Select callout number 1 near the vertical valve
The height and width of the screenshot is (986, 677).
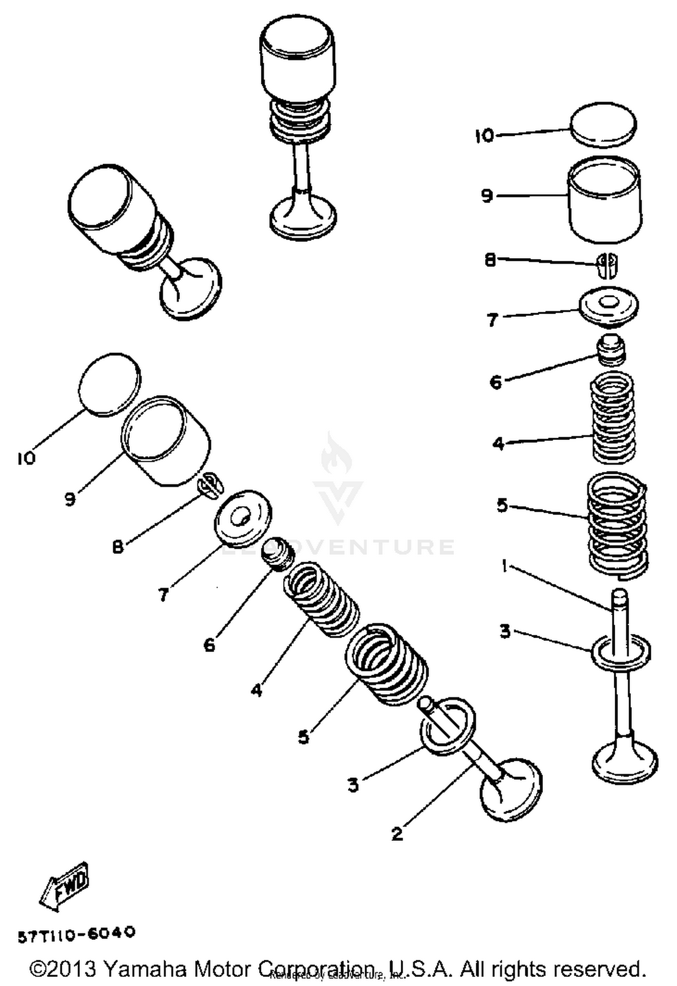[505, 565]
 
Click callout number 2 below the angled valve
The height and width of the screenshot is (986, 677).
[397, 833]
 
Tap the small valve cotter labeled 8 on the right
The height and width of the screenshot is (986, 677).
[607, 264]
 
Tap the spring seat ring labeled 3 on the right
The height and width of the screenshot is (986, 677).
[621, 652]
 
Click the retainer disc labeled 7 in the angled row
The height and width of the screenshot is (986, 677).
[243, 518]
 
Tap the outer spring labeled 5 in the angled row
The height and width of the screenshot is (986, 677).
[386, 664]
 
